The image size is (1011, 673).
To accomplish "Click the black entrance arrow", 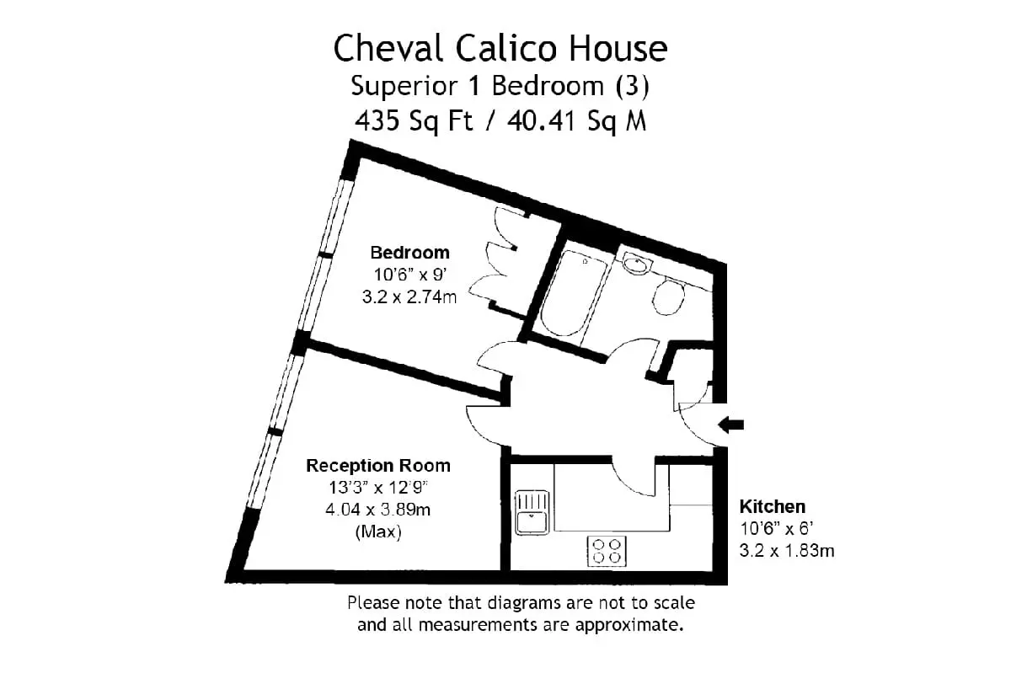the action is (x=730, y=425).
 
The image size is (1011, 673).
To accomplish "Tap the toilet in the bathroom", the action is (x=668, y=297).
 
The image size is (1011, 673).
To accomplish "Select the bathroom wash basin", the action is (x=637, y=264).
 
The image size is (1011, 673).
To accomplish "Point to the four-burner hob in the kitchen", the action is (x=607, y=551).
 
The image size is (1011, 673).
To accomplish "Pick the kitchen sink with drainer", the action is (x=532, y=513).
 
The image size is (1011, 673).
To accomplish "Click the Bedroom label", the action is (x=409, y=253).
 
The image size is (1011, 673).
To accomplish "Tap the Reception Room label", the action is (x=378, y=465).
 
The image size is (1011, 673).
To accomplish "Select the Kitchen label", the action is (x=773, y=507).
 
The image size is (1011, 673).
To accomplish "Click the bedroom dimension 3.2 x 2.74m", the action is (x=409, y=297).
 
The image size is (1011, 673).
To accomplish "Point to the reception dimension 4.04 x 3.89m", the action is (x=377, y=510).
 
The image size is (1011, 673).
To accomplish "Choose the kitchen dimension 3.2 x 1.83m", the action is (x=787, y=551).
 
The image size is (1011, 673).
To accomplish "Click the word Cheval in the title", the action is (x=388, y=48).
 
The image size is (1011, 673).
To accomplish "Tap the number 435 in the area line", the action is (x=377, y=120).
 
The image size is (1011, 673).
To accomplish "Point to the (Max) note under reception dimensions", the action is (x=378, y=531).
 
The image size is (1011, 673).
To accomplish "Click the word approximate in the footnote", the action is (x=629, y=626).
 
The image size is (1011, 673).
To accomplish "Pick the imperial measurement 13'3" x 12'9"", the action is (x=378, y=488).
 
